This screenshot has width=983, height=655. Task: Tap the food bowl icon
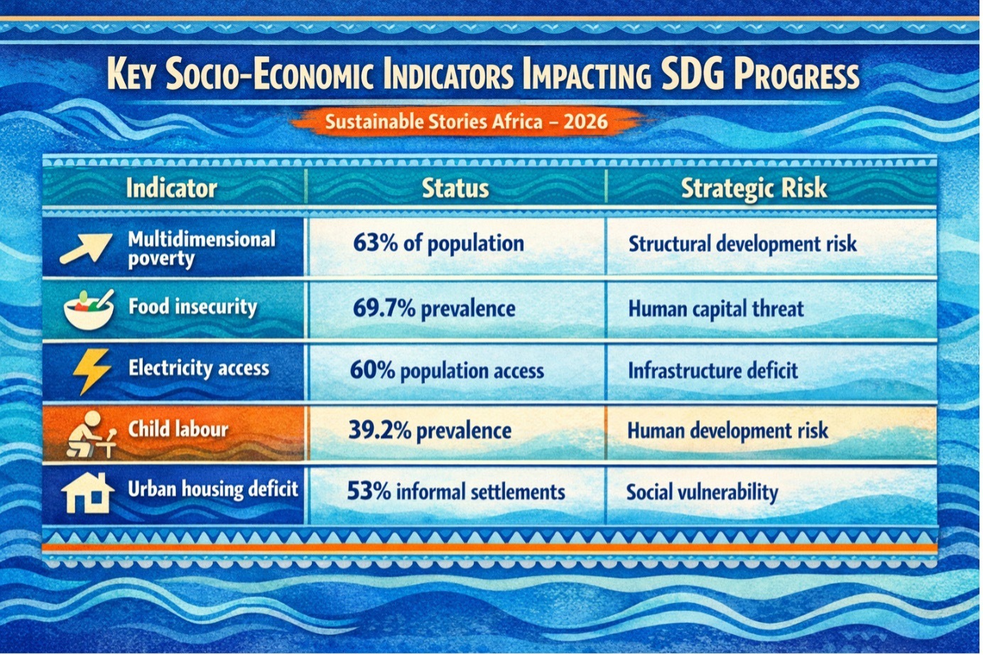pyautogui.click(x=88, y=308)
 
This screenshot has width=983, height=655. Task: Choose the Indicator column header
pyautogui.click(x=171, y=188)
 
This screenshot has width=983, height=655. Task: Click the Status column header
pyautogui.click(x=455, y=188)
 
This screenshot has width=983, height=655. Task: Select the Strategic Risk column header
pyautogui.click(x=754, y=188)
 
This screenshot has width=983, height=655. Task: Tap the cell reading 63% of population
pyautogui.click(x=438, y=244)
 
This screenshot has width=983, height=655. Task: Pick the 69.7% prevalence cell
pyautogui.click(x=433, y=309)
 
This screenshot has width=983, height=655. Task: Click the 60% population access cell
pyautogui.click(x=447, y=370)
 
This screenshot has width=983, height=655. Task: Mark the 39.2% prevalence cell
pyautogui.click(x=430, y=431)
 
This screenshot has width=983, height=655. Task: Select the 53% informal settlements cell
pyautogui.click(x=456, y=492)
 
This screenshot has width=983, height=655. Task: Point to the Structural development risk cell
pyautogui.click(x=742, y=244)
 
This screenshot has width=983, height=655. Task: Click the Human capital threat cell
pyautogui.click(x=716, y=309)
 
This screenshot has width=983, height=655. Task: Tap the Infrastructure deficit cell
pyautogui.click(x=712, y=370)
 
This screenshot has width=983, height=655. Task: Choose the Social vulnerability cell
pyautogui.click(x=702, y=492)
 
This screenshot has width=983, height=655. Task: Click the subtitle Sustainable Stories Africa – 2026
pyautogui.click(x=466, y=121)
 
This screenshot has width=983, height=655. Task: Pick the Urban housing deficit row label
pyautogui.click(x=213, y=489)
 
